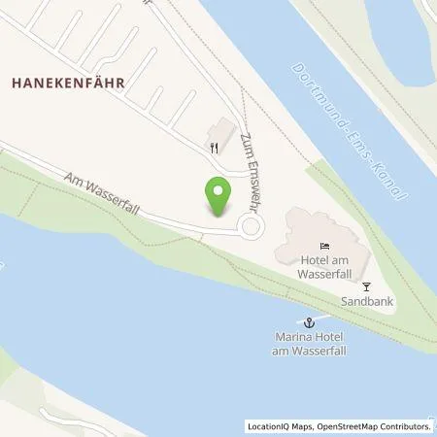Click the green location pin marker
click(218, 196)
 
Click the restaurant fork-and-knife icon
click(214, 148)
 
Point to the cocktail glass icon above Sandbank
click(366, 286)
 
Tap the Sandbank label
click(361, 302)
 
